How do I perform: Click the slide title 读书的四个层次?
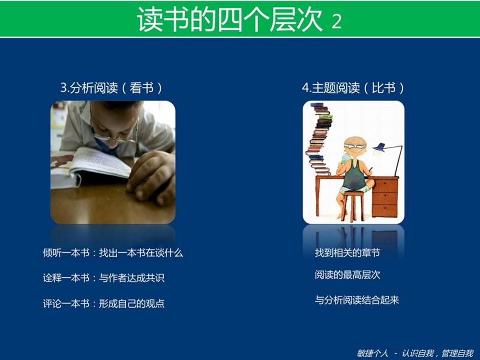(x=229, y=19)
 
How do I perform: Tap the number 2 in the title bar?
(x=336, y=22)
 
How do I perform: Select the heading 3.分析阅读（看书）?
(x=111, y=88)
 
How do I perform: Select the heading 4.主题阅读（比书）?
(x=353, y=88)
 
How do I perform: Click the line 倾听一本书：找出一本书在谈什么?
(x=113, y=253)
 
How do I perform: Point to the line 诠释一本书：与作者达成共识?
(x=104, y=277)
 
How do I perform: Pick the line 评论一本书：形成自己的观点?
(x=104, y=303)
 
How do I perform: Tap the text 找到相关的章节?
(x=348, y=253)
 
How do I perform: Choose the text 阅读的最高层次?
(x=348, y=275)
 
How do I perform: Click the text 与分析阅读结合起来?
(x=357, y=300)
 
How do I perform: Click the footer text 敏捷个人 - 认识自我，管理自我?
(x=415, y=353)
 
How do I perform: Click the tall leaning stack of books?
(x=319, y=139)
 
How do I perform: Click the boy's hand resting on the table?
(x=151, y=177)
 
